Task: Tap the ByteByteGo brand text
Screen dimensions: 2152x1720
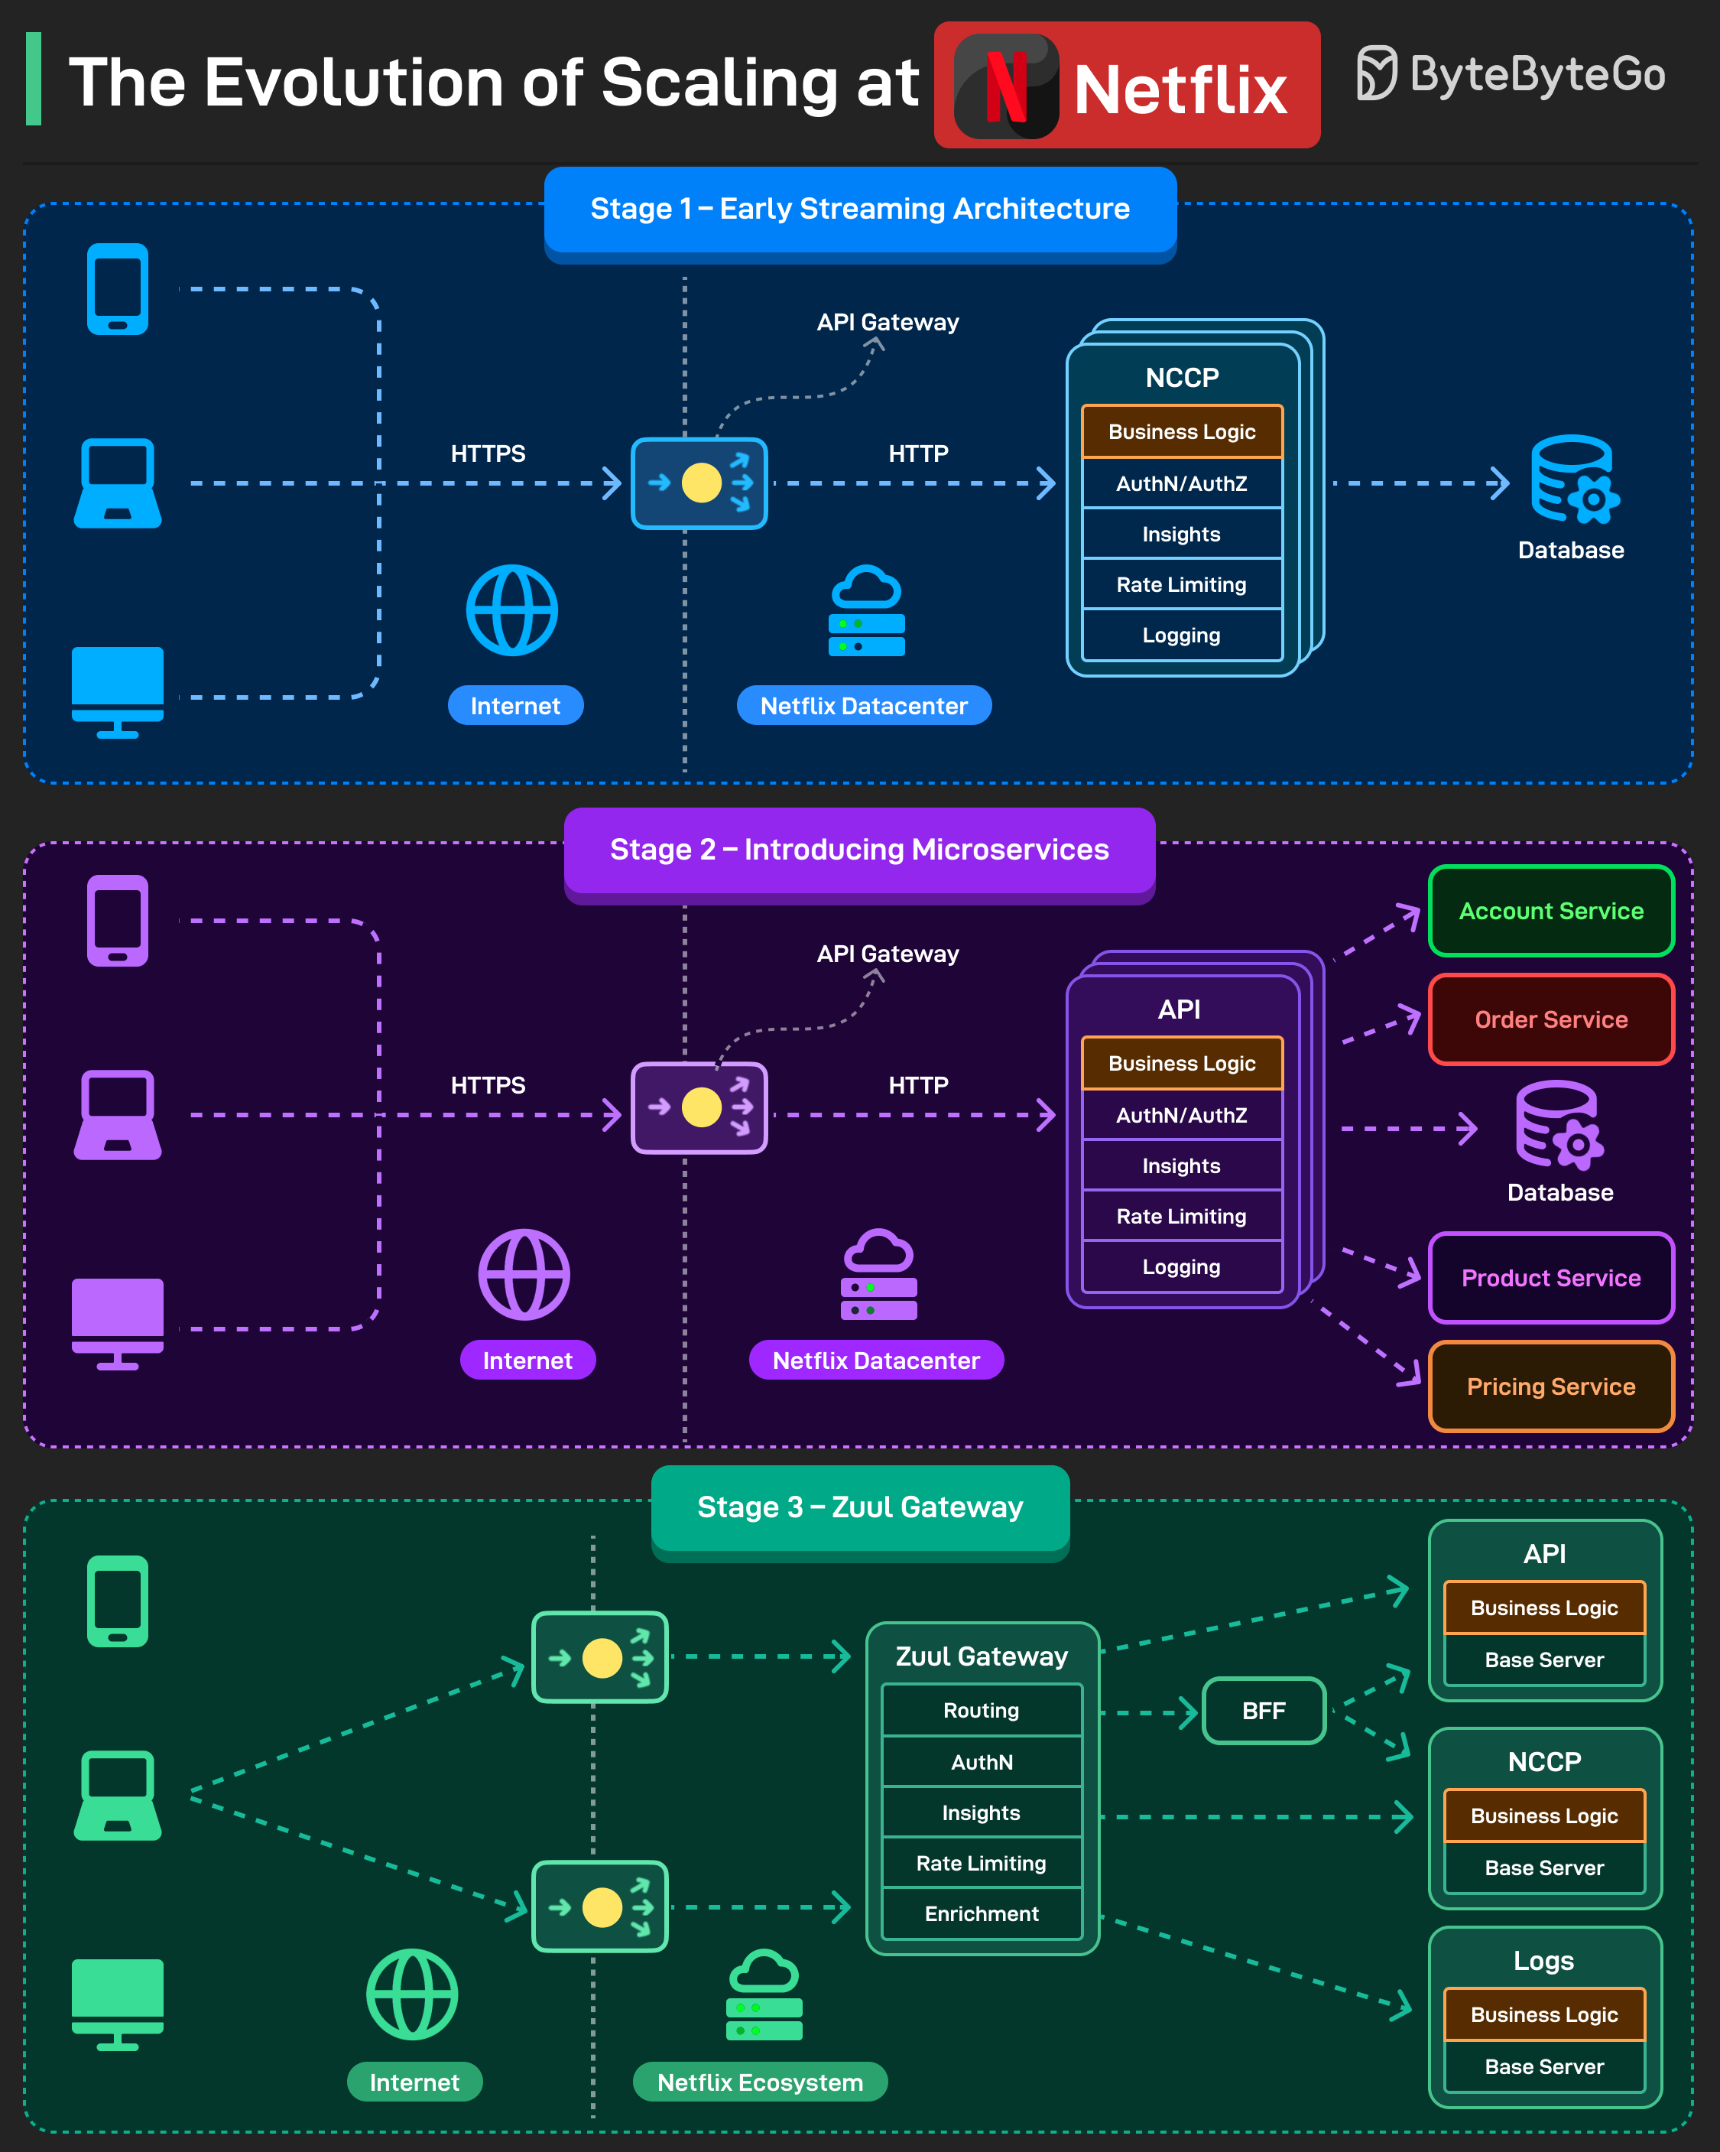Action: [x=1537, y=75]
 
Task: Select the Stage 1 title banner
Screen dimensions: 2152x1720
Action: [x=860, y=209]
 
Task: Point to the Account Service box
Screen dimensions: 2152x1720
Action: [x=1550, y=912]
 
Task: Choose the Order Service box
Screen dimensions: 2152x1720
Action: [x=1550, y=1019]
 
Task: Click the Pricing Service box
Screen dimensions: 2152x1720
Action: [x=1550, y=1386]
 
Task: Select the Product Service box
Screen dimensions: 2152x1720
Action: [x=1550, y=1278]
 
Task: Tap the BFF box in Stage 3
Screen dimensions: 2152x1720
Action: [x=1263, y=1711]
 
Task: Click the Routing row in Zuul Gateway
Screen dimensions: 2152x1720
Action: [x=982, y=1711]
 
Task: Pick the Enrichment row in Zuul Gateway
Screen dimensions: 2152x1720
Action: [x=982, y=1913]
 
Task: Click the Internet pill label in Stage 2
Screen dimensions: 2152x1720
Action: [x=527, y=1360]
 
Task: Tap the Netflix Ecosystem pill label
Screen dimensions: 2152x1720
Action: [x=759, y=2082]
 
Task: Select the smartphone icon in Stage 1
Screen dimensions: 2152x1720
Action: [x=118, y=290]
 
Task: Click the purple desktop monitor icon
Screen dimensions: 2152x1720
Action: [x=118, y=1322]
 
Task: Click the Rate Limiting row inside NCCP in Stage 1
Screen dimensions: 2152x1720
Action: [x=1181, y=585]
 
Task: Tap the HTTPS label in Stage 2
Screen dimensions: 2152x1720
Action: [x=488, y=1085]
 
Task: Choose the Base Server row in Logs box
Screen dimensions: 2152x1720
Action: [x=1543, y=2066]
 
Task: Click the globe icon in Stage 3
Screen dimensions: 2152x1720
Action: [x=412, y=1994]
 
